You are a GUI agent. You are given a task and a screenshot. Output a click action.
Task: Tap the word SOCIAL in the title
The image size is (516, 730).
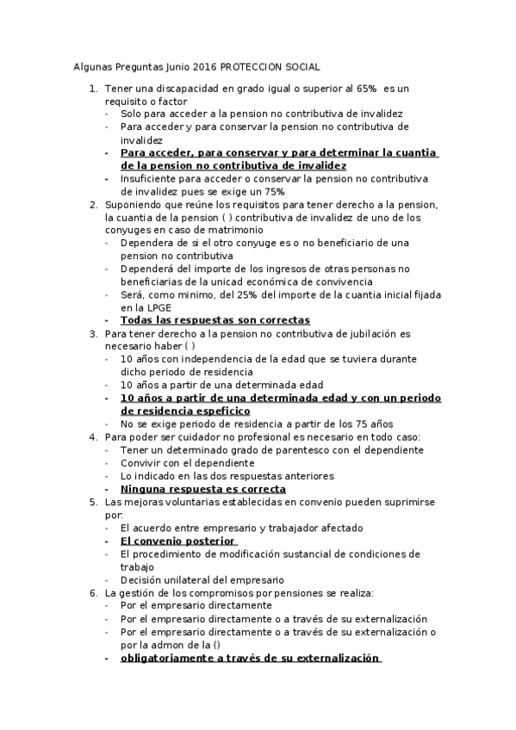click(x=301, y=65)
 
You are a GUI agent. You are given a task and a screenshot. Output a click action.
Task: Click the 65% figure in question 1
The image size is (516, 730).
click(x=364, y=88)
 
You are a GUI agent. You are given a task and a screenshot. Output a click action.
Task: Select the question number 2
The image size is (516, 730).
click(x=93, y=204)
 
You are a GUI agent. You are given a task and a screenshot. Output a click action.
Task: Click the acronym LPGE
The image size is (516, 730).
click(x=151, y=307)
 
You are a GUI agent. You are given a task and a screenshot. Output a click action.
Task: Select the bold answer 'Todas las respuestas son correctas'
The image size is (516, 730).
click(x=214, y=320)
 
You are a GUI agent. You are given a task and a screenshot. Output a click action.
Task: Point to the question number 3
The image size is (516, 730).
click(x=93, y=333)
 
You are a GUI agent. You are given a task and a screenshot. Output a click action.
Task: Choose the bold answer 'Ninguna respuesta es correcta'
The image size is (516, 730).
click(x=202, y=488)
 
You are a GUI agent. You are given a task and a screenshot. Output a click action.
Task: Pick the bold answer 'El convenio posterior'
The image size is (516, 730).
click(x=177, y=541)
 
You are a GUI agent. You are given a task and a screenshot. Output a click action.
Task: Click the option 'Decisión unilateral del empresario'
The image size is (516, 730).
click(x=202, y=579)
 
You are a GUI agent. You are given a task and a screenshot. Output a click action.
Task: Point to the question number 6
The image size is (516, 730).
click(x=93, y=593)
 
